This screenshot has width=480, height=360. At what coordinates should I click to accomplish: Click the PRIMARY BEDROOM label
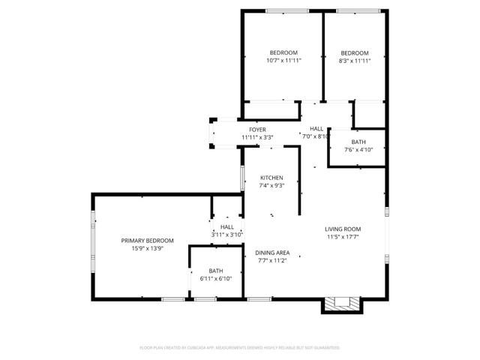(148, 241)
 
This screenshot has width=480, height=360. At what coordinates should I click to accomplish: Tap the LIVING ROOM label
(343, 229)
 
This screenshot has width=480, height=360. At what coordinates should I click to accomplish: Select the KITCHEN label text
(271, 178)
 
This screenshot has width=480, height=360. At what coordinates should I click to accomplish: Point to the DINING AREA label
(272, 253)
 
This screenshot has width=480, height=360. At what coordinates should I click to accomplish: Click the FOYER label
(257, 130)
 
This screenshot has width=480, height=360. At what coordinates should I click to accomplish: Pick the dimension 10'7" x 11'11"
(284, 61)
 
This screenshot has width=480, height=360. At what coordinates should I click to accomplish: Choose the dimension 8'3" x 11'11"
(355, 61)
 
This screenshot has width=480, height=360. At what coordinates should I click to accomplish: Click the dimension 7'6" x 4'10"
(358, 150)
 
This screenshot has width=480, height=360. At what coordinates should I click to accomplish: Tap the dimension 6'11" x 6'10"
(216, 279)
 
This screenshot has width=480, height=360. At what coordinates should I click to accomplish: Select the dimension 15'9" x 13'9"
(148, 249)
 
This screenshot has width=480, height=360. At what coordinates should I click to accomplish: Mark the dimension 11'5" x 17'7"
(343, 237)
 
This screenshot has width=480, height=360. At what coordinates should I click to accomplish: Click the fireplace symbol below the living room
(342, 304)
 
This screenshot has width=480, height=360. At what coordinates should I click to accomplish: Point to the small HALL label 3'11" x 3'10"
(226, 235)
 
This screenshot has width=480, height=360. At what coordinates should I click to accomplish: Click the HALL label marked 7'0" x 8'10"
(316, 136)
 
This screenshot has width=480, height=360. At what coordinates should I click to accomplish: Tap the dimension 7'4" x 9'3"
(271, 186)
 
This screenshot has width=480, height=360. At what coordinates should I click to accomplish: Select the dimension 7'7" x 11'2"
(272, 262)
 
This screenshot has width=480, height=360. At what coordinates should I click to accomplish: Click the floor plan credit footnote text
(240, 348)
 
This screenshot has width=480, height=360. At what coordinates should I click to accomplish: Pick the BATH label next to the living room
(358, 142)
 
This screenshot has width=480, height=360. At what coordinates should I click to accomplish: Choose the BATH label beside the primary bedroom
(216, 271)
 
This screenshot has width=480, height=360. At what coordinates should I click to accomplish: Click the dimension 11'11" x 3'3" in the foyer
(257, 137)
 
